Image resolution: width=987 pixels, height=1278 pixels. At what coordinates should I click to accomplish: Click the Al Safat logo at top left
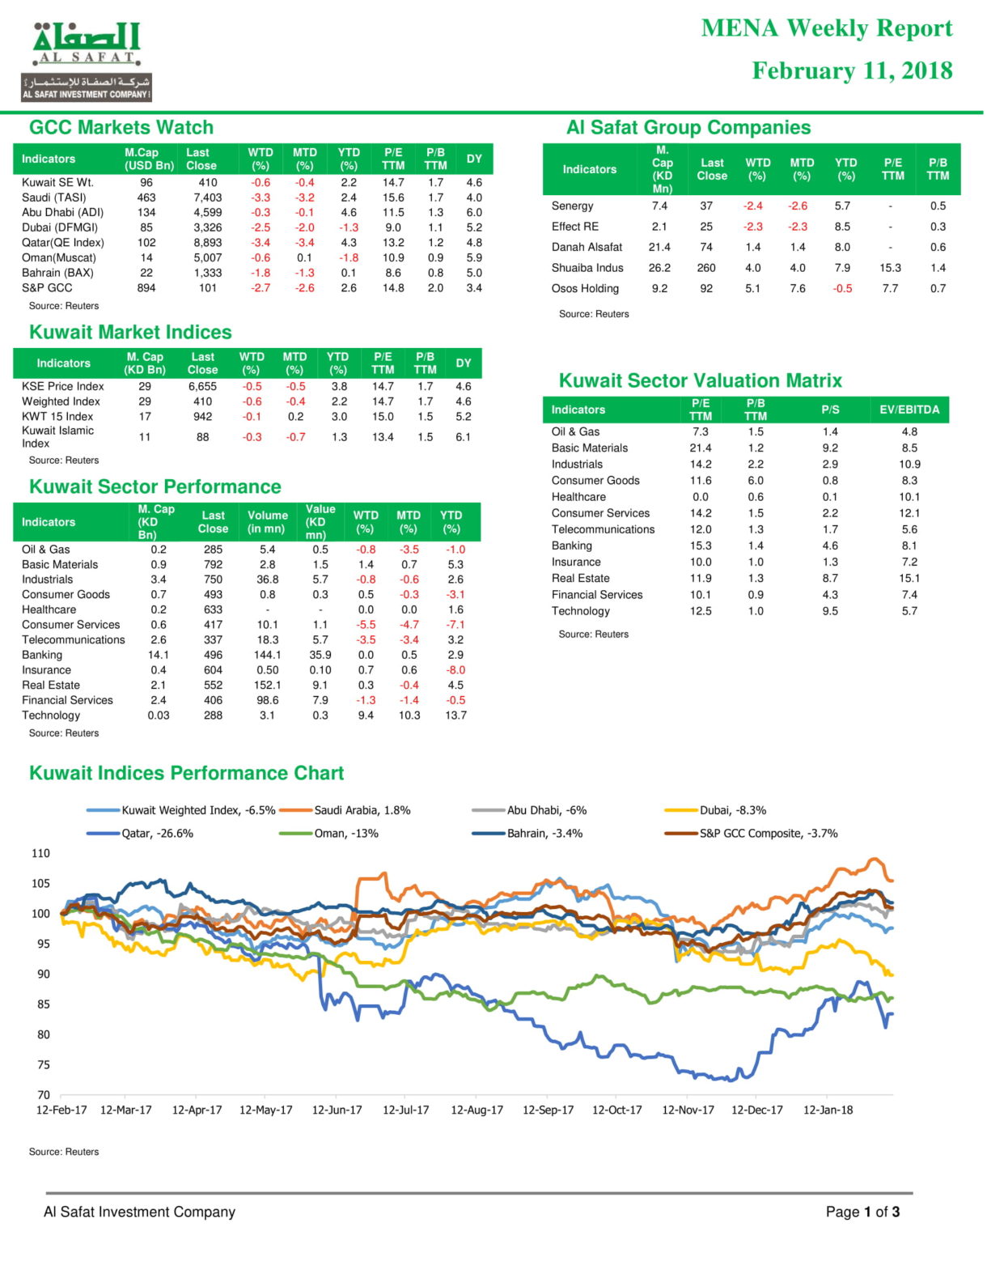point(87,62)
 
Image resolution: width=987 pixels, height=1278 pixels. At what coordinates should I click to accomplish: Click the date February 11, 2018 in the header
point(852,70)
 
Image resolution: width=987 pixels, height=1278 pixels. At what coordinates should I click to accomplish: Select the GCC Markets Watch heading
point(121,127)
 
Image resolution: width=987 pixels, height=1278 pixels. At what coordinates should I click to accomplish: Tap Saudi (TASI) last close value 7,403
point(207,197)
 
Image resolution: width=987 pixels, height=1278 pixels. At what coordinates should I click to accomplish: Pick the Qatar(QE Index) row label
point(63,242)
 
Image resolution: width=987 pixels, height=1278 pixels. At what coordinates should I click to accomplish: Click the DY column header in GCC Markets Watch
point(474,159)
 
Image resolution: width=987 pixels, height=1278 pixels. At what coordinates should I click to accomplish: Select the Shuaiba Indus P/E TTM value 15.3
point(890,268)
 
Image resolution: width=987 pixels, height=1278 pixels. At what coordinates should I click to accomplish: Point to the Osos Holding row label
point(585,288)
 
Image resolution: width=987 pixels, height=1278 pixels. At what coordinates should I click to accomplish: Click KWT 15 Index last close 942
point(202,416)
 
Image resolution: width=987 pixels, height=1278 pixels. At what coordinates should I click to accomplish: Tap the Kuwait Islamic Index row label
point(57,437)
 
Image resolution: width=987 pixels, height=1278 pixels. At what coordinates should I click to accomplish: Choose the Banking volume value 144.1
point(268,655)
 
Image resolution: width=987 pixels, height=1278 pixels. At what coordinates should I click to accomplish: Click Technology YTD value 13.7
point(455,715)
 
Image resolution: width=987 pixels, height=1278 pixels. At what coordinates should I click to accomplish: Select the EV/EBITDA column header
point(909,410)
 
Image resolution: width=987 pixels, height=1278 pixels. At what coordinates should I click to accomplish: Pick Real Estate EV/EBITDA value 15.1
point(909,578)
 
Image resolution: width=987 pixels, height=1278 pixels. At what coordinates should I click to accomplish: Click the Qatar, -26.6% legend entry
point(140,834)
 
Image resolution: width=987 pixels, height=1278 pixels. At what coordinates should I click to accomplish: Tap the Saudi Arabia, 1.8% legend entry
point(345,810)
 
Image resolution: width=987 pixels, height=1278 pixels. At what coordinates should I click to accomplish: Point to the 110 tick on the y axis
point(40,853)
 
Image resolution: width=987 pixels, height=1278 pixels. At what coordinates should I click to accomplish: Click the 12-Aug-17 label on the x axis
point(477,1110)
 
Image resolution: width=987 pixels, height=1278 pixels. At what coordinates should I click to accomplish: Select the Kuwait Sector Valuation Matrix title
point(700,380)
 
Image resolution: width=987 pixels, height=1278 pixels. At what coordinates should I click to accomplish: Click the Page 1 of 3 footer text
point(862,1212)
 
